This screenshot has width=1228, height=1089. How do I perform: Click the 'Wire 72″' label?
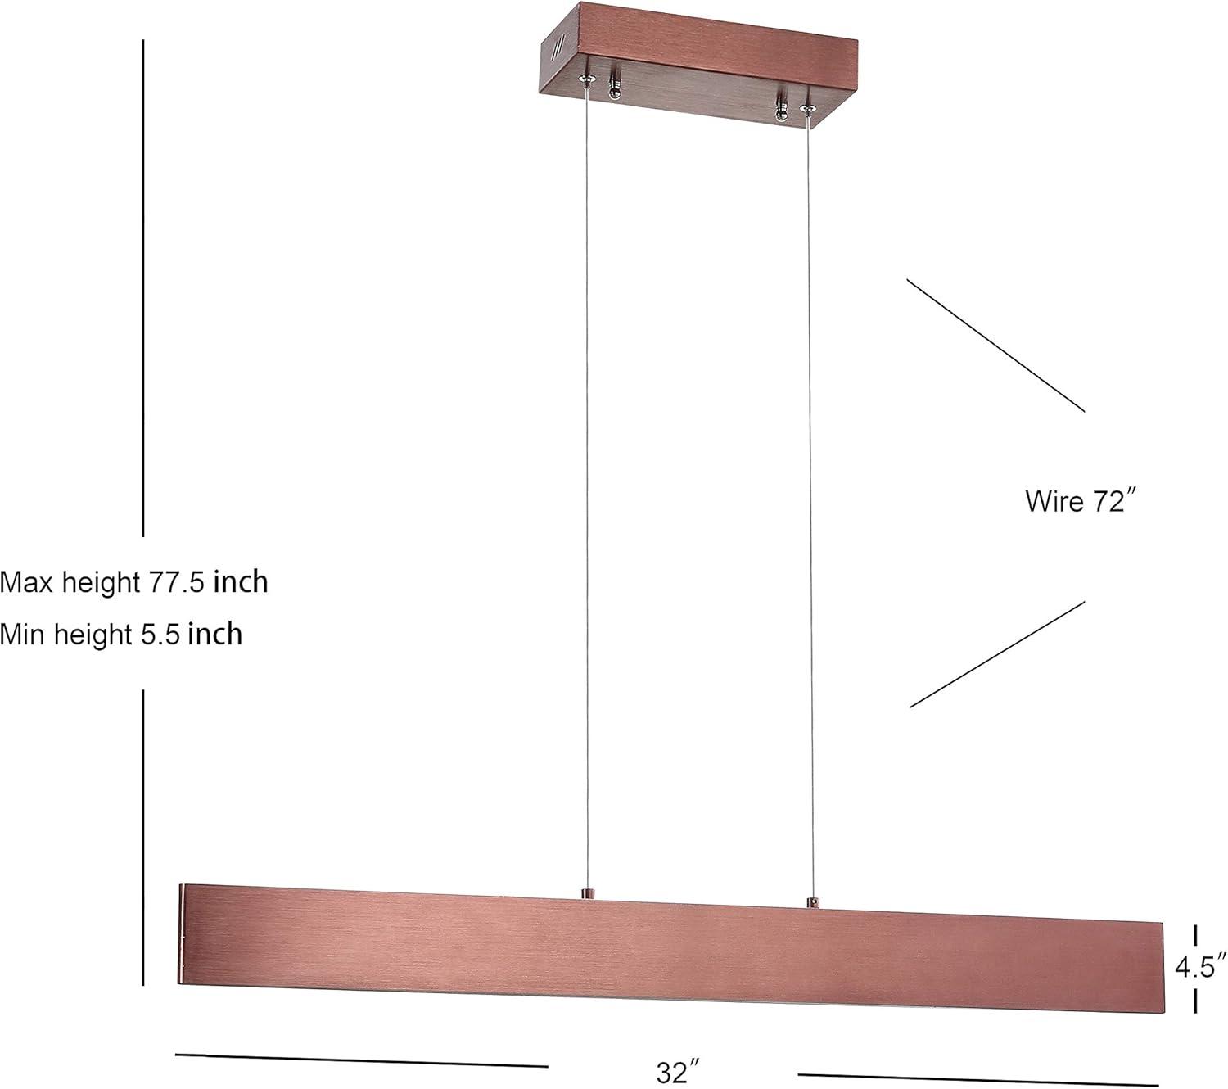[1080, 501]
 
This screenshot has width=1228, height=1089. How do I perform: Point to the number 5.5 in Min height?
[160, 635]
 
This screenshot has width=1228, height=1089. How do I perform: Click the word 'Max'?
[27, 582]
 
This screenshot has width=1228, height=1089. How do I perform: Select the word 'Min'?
[23, 635]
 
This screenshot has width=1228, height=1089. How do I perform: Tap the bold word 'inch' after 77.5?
[241, 582]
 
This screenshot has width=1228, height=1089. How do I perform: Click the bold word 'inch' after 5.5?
[215, 635]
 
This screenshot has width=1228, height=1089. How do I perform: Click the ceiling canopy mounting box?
[698, 66]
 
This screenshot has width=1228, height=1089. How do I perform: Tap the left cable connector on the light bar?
[587, 894]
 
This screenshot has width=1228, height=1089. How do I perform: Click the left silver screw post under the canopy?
[615, 88]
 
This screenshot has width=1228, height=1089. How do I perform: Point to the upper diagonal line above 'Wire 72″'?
[995, 346]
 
